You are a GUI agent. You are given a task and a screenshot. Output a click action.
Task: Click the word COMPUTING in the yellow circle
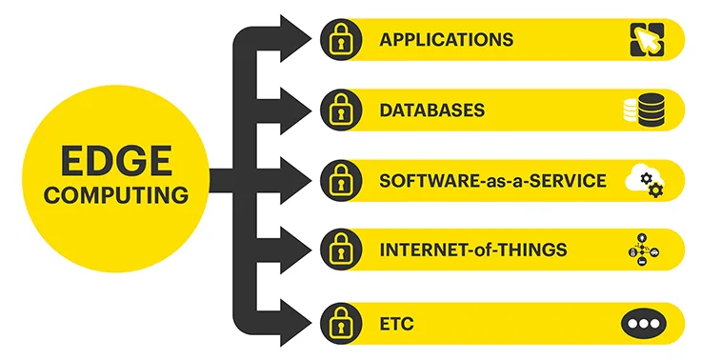pyautogui.click(x=117, y=196)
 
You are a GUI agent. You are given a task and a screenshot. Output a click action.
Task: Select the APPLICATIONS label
pyautogui.click(x=446, y=40)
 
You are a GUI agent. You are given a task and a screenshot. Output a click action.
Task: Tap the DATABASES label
pyautogui.click(x=431, y=110)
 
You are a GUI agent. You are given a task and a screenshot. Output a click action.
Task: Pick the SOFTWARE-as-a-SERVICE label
pyautogui.click(x=492, y=181)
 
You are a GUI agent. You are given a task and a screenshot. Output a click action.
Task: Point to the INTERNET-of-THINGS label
pyautogui.click(x=473, y=250)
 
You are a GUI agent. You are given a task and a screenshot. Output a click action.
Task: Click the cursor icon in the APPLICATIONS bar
pyautogui.click(x=644, y=40)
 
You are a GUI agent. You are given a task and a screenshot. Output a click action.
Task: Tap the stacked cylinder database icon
pyautogui.click(x=643, y=110)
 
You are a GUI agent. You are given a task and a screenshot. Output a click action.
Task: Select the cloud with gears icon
pyautogui.click(x=644, y=181)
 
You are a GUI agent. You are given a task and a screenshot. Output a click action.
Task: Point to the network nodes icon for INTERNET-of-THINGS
pyautogui.click(x=643, y=250)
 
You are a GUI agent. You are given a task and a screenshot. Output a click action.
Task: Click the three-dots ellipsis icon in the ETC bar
pyautogui.click(x=643, y=322)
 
